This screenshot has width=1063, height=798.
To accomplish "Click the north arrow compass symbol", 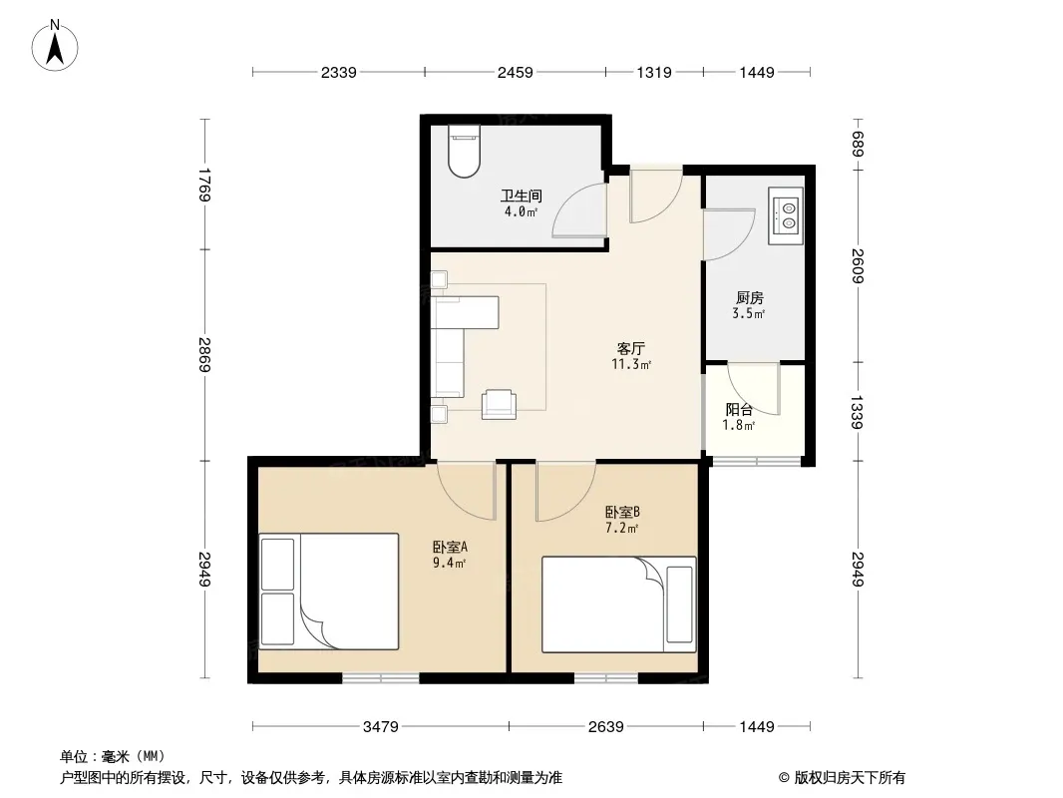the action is pyautogui.click(x=55, y=46).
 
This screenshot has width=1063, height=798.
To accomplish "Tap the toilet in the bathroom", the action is pyautogui.click(x=465, y=151).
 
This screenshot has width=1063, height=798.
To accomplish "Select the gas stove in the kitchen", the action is pyautogui.click(x=786, y=215).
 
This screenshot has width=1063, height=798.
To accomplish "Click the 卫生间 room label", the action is pyautogui.click(x=522, y=196).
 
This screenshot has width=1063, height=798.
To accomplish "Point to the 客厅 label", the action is pyautogui.click(x=630, y=348).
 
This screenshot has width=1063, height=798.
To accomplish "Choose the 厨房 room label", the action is pyautogui.click(x=749, y=297).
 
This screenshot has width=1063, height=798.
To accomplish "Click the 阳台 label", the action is pyautogui.click(x=739, y=410).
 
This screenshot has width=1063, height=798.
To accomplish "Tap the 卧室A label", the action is pyautogui.click(x=450, y=547).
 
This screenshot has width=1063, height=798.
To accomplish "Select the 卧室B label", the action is pyautogui.click(x=622, y=513).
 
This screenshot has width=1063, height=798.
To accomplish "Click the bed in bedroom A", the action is pyautogui.click(x=329, y=592).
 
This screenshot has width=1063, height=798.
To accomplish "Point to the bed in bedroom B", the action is pyautogui.click(x=619, y=604).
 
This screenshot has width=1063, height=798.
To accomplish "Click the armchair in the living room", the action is pyautogui.click(x=499, y=404).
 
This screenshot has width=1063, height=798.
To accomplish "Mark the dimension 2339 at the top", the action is pyautogui.click(x=338, y=72).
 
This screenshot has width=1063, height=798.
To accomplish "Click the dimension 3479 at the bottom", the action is pyautogui.click(x=380, y=727).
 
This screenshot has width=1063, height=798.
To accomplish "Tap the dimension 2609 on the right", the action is pyautogui.click(x=858, y=265).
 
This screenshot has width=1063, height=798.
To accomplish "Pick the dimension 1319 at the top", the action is pyautogui.click(x=653, y=72).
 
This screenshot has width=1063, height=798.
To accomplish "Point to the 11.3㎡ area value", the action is pyautogui.click(x=631, y=365).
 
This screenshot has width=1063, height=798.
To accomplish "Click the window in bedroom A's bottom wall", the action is pyautogui.click(x=380, y=677).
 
